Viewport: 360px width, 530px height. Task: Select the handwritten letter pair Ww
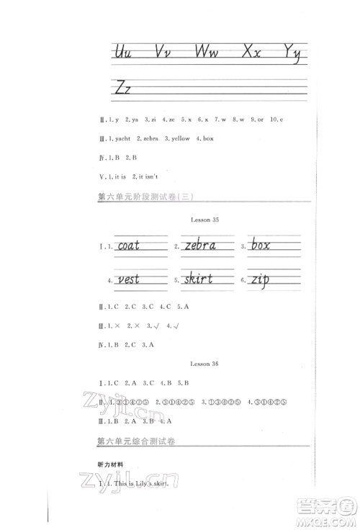pos(210,53)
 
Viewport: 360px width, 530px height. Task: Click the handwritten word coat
pos(138,246)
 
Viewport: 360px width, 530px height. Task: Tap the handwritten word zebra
pos(200,246)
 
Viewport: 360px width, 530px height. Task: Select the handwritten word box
pos(261,246)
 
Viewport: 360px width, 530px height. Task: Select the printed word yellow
pos(180,138)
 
